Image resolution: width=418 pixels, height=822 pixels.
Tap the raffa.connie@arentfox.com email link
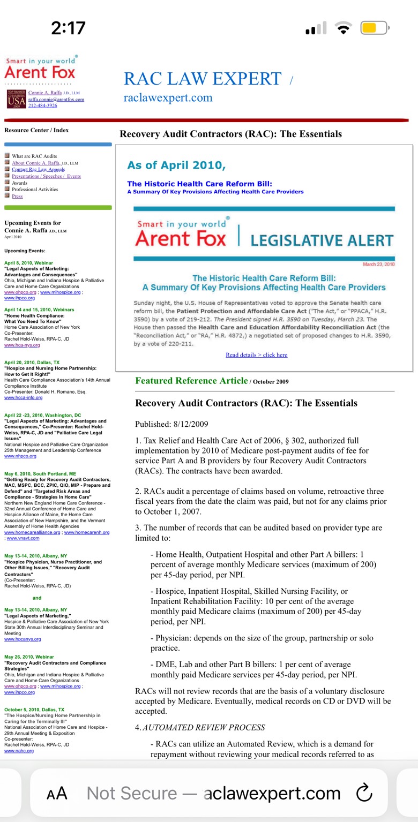tap(56, 99)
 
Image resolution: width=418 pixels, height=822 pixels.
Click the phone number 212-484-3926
tap(42, 105)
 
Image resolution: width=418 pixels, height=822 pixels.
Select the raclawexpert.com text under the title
tap(168, 98)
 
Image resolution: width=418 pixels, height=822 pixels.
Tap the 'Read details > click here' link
tap(256, 355)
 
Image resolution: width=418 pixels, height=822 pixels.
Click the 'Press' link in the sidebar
tap(17, 196)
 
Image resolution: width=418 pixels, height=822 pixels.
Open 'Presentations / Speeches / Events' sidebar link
tap(46, 176)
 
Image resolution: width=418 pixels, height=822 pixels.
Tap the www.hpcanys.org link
tap(23, 639)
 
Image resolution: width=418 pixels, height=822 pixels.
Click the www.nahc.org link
tap(19, 751)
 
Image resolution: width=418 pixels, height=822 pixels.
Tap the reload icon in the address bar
tap(364, 793)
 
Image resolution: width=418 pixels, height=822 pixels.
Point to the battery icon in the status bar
tap(374, 28)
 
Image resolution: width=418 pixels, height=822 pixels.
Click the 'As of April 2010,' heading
tap(176, 165)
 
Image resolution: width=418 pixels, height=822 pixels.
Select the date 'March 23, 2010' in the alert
tap(378, 265)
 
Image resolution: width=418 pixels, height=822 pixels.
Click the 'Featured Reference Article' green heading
tap(191, 381)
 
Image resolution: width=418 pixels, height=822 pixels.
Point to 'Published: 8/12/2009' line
tap(171, 424)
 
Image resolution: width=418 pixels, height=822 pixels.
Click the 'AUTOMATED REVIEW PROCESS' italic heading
tap(204, 727)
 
